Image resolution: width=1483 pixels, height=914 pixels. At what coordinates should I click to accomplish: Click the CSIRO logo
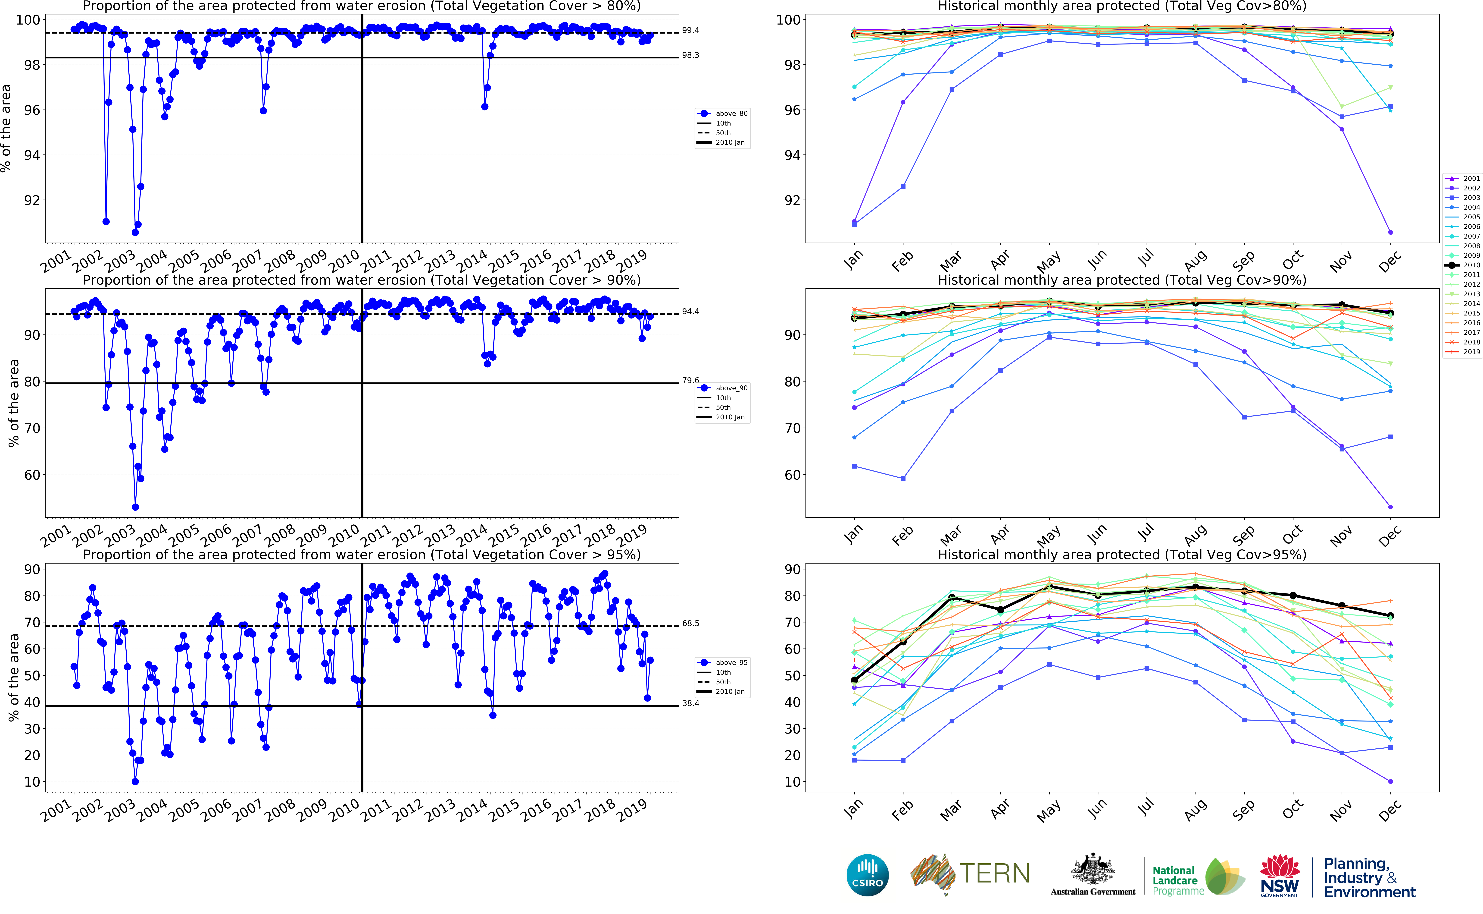tap(868, 875)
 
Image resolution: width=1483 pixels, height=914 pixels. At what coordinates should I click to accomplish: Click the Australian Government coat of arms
tap(1093, 870)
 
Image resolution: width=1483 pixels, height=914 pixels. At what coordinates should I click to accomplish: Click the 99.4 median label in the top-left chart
tap(690, 30)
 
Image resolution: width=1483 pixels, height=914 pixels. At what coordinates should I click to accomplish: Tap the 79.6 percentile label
tap(690, 380)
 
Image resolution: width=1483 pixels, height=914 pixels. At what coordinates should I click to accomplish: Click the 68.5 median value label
tap(690, 623)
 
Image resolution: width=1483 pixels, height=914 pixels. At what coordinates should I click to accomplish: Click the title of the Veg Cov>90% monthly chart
tap(1122, 280)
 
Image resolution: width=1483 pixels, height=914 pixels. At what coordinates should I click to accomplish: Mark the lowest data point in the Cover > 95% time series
tap(135, 782)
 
